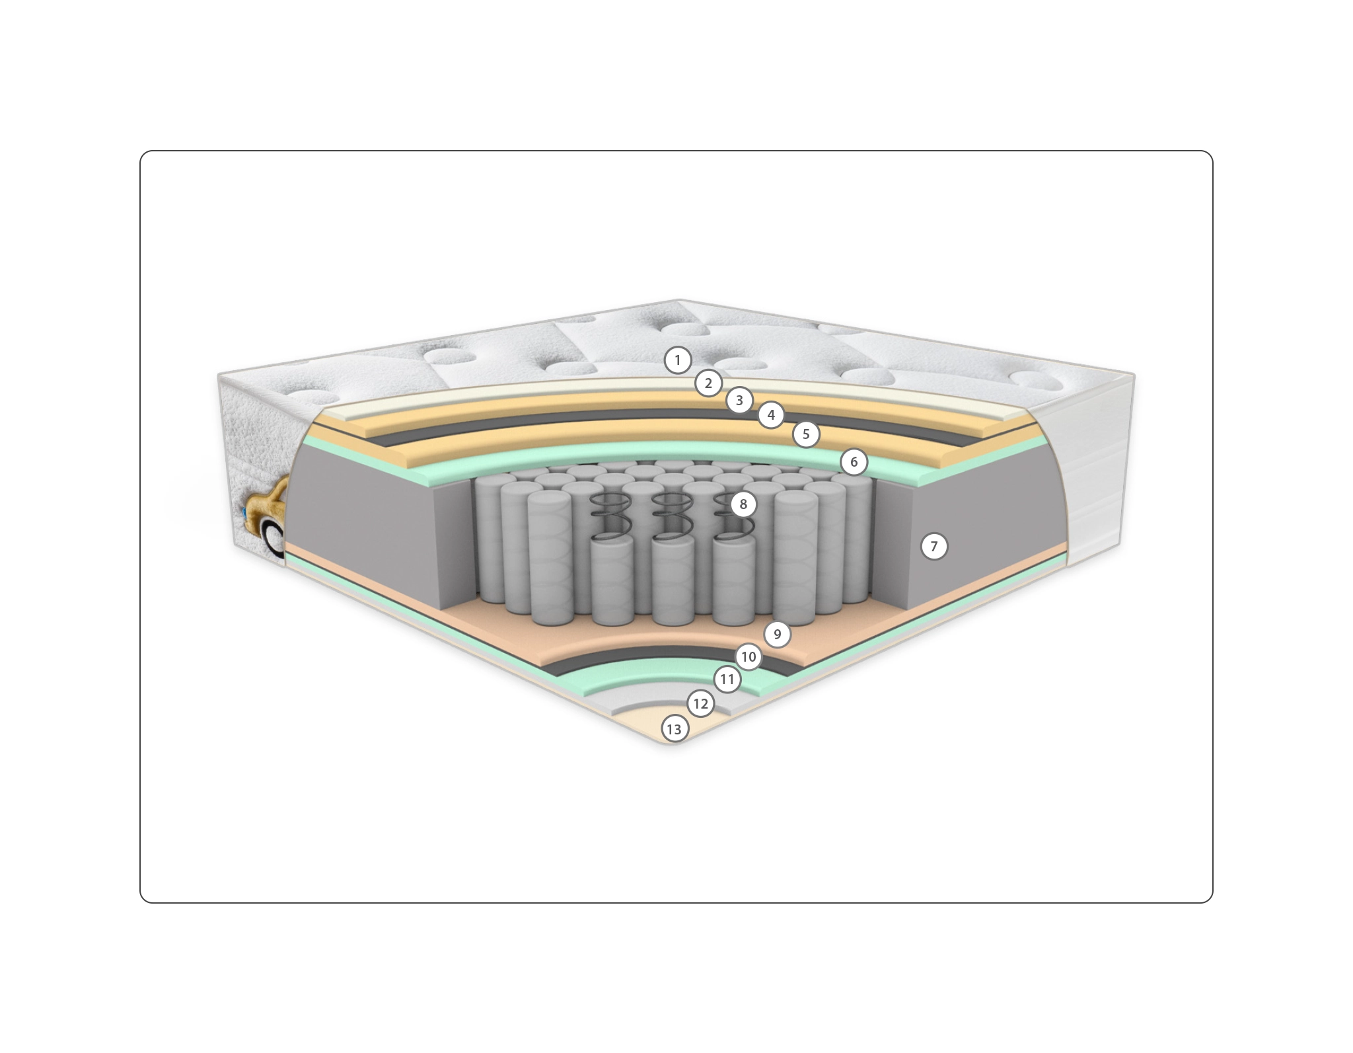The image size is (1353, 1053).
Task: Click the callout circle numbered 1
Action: click(x=677, y=360)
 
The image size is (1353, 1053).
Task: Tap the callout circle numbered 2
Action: click(x=708, y=383)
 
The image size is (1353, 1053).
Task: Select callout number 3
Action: click(x=739, y=400)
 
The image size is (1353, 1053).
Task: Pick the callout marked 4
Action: click(x=771, y=415)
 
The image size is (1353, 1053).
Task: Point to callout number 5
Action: click(x=806, y=434)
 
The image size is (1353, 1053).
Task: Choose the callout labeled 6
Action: click(x=854, y=462)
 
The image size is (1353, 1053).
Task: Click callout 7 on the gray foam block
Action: click(x=934, y=547)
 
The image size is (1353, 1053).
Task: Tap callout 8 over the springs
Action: click(x=743, y=504)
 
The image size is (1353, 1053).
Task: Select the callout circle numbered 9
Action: click(x=778, y=635)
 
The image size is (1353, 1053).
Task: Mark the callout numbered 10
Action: click(x=748, y=657)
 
